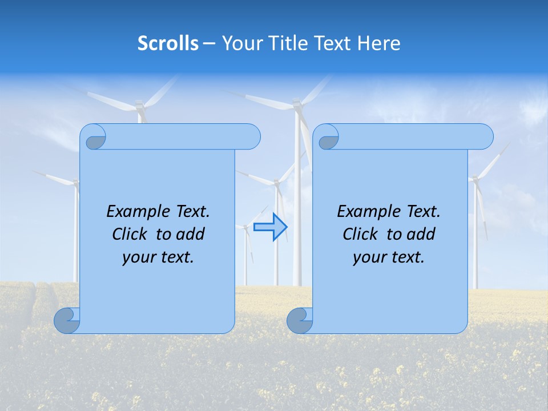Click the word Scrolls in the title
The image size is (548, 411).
coord(168,43)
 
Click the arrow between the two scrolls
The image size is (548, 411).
coord(270,227)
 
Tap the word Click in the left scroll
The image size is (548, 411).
coord(131,234)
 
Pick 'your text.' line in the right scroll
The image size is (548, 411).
coord(389,257)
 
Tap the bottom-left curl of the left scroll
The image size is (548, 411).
coord(66,321)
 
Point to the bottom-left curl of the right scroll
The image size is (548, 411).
coord(299,321)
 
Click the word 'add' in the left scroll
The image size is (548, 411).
coord(190,234)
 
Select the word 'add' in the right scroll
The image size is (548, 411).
coord(420,234)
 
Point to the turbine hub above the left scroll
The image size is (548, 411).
coord(139,104)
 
